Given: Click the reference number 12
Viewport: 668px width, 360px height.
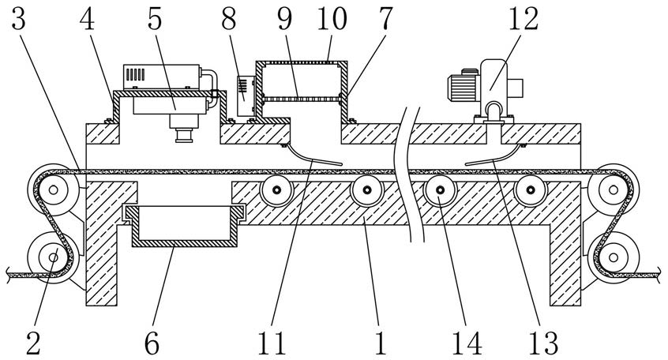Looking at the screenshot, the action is (524, 19).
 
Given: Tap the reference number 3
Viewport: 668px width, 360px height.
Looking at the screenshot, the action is (18, 19).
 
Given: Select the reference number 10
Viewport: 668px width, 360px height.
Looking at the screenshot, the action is (332, 19).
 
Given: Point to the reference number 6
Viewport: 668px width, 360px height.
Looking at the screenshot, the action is (152, 343).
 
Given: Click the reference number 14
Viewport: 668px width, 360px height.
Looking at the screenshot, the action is (467, 343).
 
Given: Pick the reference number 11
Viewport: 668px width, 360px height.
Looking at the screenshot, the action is (272, 343).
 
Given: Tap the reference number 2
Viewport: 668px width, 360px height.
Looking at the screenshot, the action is (33, 343).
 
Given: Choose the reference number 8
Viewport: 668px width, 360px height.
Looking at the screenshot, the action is (229, 19).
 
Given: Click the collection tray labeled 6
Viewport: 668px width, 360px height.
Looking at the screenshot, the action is (184, 226).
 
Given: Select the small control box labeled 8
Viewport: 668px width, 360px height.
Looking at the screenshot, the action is (246, 96).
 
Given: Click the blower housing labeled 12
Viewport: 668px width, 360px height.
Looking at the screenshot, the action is (493, 88).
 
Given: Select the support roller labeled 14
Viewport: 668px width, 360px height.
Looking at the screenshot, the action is (440, 190).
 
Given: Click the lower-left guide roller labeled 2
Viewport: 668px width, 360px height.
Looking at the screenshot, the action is (53, 257).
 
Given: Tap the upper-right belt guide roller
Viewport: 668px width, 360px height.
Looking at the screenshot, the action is (614, 189).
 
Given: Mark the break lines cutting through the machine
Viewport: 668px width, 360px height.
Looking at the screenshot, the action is (411, 174).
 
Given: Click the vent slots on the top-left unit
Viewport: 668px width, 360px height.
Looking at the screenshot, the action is (136, 74).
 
